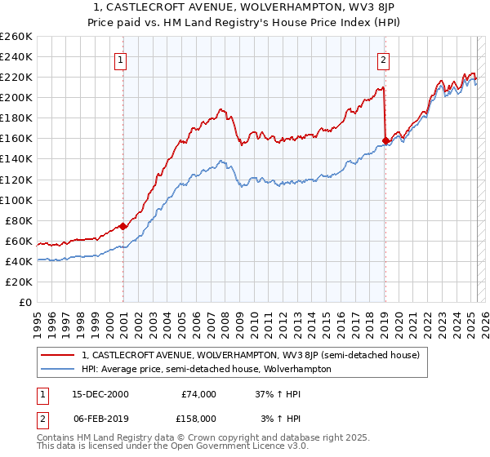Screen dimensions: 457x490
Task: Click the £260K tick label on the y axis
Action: [16, 37]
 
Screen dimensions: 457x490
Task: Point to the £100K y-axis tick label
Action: [16, 200]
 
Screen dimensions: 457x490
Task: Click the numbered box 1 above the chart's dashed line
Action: [120, 59]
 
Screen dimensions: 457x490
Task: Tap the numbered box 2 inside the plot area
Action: [383, 59]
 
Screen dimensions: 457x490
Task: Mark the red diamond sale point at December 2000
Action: [123, 226]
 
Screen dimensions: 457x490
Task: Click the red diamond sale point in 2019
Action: [385, 140]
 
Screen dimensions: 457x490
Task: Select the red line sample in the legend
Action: [57, 356]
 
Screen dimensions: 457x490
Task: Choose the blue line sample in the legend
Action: [57, 369]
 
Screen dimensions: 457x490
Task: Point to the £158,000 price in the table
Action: [198, 418]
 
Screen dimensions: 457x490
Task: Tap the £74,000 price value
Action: [198, 394]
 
